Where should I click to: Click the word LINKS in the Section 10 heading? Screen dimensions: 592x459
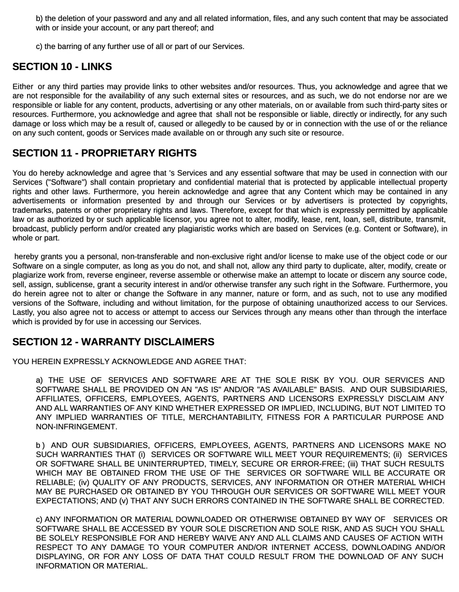coord(96,67)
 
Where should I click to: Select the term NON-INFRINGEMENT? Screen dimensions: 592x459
coord(76,427)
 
